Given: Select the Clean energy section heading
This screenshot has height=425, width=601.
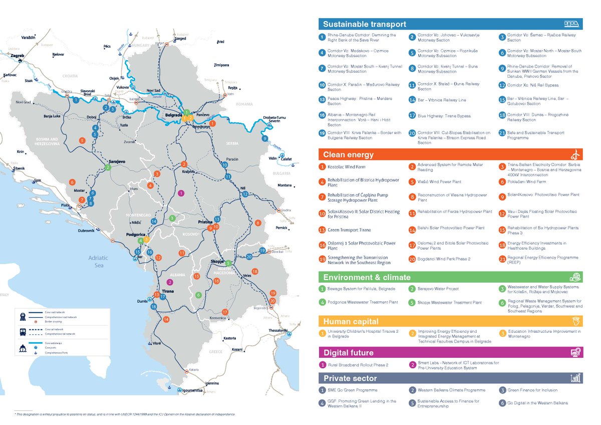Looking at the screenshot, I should tap(348, 154).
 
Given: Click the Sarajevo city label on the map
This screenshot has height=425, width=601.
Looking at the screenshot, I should tap(116, 161).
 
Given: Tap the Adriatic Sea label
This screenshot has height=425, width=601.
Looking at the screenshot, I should tap(98, 262).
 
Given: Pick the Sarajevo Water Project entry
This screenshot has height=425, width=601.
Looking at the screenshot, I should tap(438, 289).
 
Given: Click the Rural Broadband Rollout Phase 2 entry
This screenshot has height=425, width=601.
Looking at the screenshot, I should tap(358, 365).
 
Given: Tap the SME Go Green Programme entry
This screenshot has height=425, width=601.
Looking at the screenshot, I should tap(352, 390).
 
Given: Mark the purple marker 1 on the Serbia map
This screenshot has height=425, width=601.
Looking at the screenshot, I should tap(181, 193).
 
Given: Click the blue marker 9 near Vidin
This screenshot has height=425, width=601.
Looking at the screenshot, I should tap(265, 138).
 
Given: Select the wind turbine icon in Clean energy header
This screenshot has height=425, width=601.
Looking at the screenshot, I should tap(575, 154).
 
